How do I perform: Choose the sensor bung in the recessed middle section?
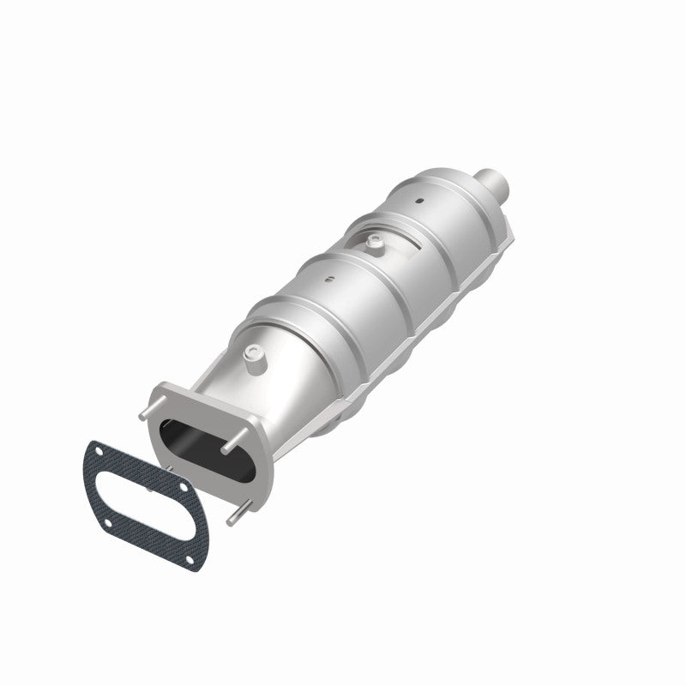tap(374, 244)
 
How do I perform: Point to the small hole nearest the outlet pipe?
tap(420, 202)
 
